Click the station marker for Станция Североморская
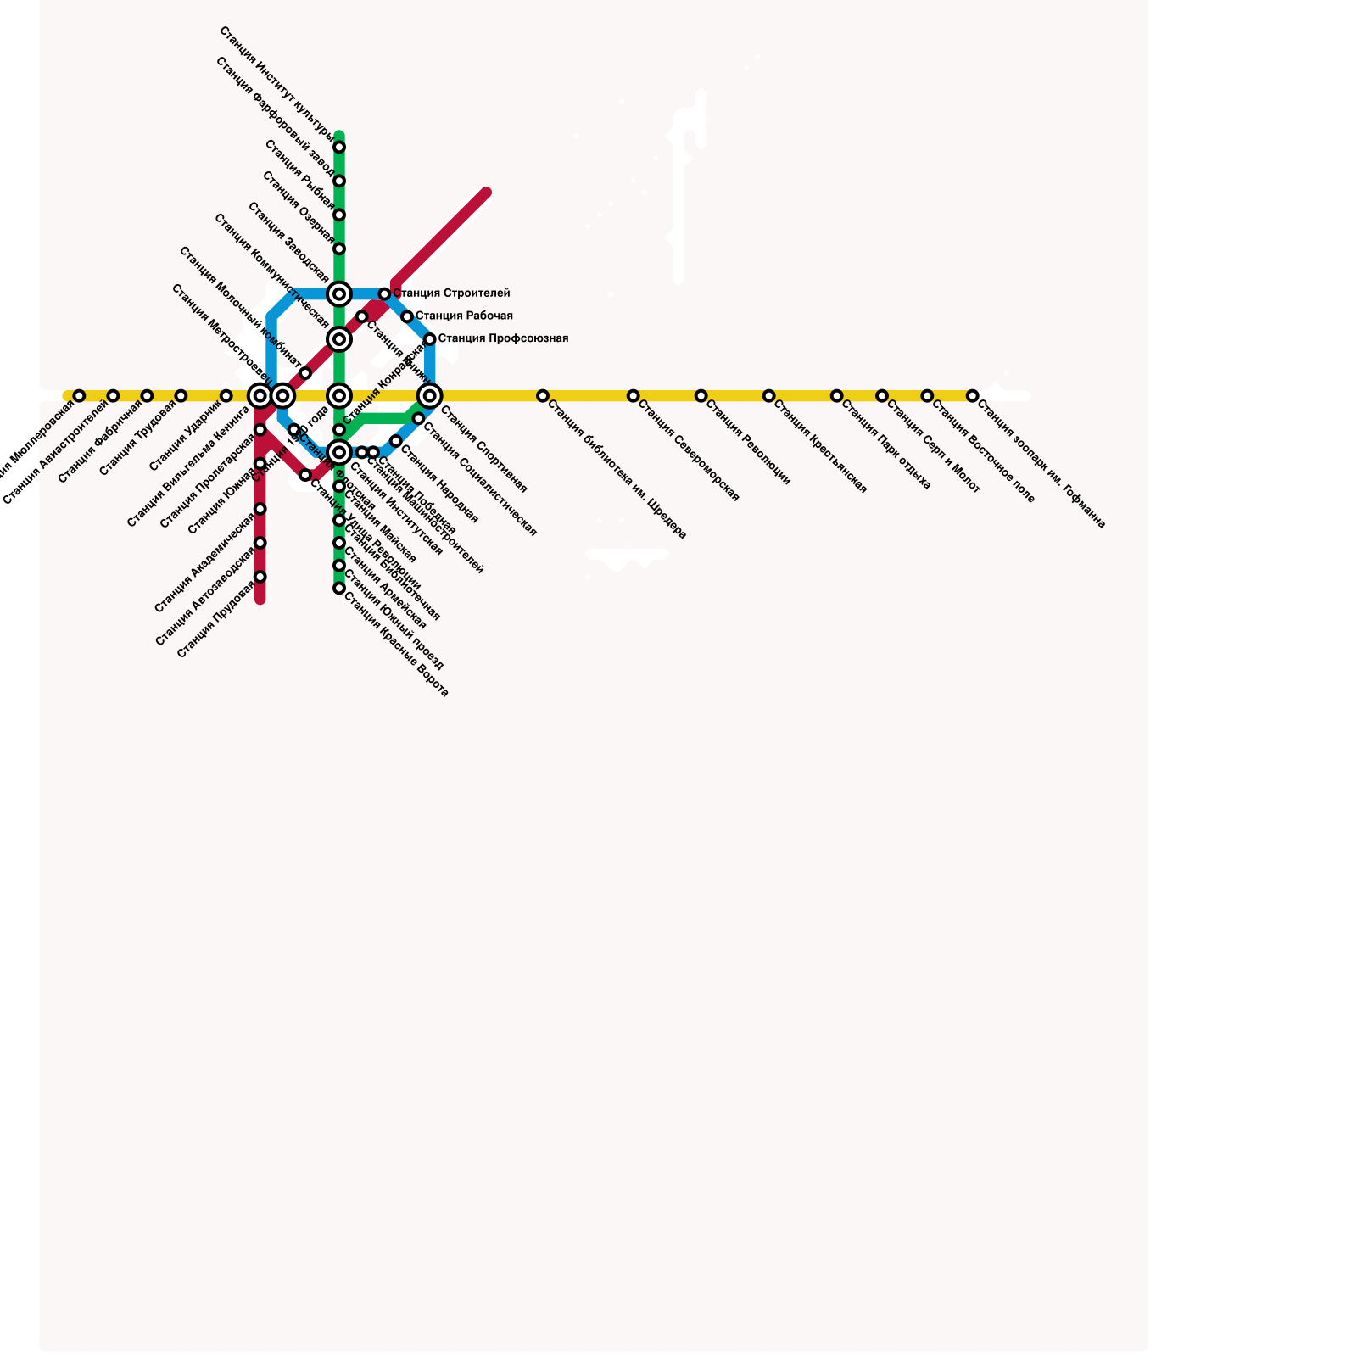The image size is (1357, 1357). coord(633,396)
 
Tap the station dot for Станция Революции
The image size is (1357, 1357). coord(701,396)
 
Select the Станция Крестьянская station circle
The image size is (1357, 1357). coord(768,396)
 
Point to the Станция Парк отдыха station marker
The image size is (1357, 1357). coord(836,396)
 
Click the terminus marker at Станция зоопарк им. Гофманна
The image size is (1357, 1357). coord(973,396)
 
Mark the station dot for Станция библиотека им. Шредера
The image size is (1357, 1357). coord(542,396)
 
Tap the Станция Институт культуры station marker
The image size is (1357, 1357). coord(339,148)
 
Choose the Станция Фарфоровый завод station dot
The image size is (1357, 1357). coord(339,181)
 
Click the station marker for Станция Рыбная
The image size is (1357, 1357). coord(339,215)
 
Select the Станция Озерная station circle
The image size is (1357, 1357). coord(339,249)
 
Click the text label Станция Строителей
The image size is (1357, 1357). coord(451,293)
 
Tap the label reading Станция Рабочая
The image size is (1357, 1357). coord(464,316)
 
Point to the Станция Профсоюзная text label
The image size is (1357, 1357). coord(503,339)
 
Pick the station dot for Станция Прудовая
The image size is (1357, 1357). coord(260,577)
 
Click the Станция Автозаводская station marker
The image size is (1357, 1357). coord(260,543)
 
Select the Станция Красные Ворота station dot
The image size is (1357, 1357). coord(339,588)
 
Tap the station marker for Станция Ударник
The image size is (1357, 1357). coord(226,396)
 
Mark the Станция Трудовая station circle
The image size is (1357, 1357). coord(181,396)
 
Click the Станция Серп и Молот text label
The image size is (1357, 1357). coord(933,446)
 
